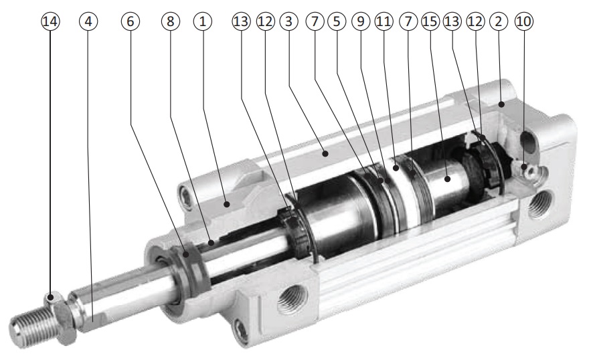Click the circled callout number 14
50,21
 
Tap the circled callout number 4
88,21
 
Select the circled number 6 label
131,21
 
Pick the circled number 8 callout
171,21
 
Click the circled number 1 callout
203,21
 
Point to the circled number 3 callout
288,21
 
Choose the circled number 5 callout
337,21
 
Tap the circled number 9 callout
361,21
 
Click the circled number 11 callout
384,21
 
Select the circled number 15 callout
430,21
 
